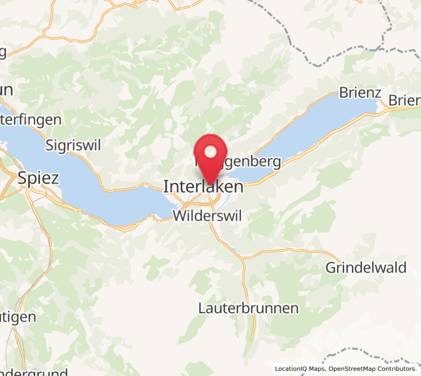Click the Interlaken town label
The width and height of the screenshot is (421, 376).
coord(203,187)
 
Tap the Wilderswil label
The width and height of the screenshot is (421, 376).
coord(206,216)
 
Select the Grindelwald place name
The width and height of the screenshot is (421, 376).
coord(365,268)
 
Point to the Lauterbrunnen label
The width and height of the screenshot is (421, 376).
coord(248,308)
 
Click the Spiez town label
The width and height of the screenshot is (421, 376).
coord(38,178)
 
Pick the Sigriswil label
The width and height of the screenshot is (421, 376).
coord(73,145)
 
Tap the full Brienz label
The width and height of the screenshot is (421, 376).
coord(360,93)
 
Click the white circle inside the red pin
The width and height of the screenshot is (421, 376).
coord(210,152)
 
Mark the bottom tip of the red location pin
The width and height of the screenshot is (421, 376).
coord(210,185)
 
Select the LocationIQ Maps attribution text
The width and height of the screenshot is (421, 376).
coord(299,368)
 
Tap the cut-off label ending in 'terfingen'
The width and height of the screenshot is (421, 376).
coord(31,119)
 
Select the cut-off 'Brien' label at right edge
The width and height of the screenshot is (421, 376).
coord(404,100)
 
